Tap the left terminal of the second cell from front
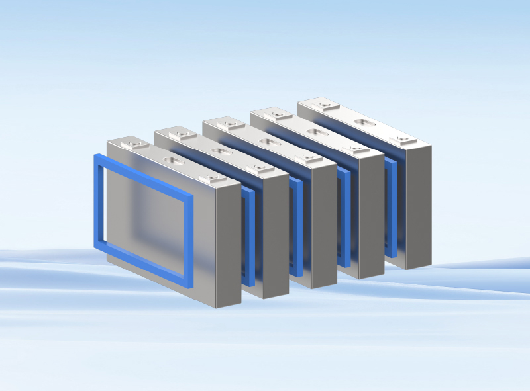point(182,135)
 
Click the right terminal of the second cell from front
point(259,168)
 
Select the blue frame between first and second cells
point(248,238)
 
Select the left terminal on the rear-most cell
point(324,105)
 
